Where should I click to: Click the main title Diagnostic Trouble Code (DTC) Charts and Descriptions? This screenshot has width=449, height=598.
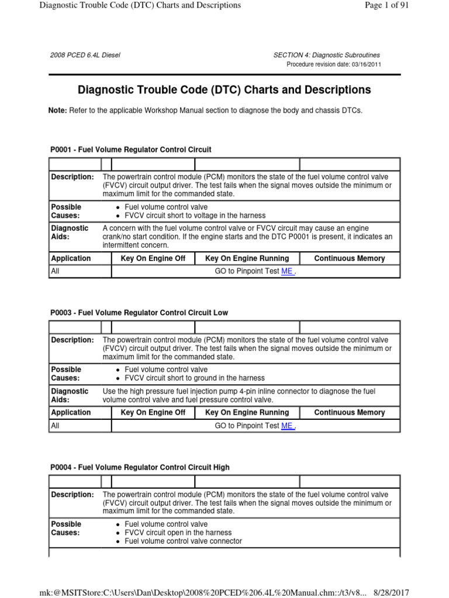pos(224,90)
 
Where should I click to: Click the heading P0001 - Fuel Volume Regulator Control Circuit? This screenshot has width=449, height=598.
pos(131,150)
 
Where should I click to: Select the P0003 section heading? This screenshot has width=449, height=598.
pos(139,313)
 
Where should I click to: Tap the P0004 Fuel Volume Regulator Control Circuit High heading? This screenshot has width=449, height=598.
pos(140,467)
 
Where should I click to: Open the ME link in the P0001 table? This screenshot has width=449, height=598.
pos(287,272)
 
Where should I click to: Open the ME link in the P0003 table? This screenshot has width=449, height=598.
pos(287,426)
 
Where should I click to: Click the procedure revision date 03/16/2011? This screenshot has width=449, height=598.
pos(367,64)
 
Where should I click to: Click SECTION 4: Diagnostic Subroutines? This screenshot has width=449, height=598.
pos(327,55)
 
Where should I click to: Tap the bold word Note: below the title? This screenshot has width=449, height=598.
pos(58,110)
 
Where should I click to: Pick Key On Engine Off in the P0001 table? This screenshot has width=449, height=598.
pos(153,258)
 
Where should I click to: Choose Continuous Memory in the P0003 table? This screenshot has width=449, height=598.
pos(350,412)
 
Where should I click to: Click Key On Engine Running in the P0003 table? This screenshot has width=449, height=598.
pos(247,412)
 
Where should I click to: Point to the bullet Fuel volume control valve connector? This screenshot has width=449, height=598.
pos(184,541)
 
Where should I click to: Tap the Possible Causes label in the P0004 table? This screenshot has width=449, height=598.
pos(66,529)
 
